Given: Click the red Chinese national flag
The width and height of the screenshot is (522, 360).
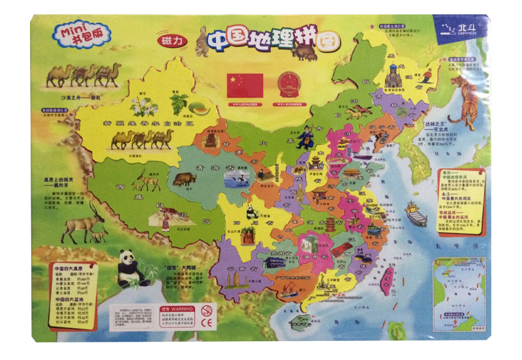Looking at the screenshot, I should pyautogui.click(x=245, y=85).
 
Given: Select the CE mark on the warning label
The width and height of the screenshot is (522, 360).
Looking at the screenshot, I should pyautogui.click(x=208, y=322).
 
